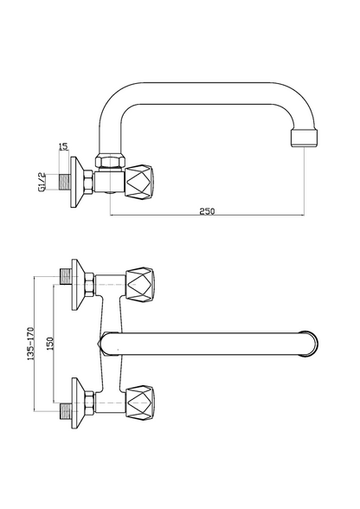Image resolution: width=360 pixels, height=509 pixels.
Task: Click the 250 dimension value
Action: click(x=207, y=211)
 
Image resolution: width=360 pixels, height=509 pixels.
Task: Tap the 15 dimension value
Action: click(x=64, y=146)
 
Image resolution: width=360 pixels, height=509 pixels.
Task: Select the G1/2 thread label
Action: click(x=42, y=183)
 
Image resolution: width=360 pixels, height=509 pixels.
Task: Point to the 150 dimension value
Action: click(x=49, y=344)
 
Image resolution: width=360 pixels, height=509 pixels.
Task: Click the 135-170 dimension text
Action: click(x=31, y=344)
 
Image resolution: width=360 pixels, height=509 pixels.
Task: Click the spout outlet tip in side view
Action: click(x=304, y=138)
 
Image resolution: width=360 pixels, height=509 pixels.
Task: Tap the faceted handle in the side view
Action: click(x=138, y=182)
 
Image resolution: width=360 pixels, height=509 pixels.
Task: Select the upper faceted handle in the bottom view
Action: click(x=140, y=285)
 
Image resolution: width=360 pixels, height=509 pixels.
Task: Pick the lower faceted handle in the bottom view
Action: click(x=140, y=403)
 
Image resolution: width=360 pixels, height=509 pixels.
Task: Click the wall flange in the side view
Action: click(x=77, y=183)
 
